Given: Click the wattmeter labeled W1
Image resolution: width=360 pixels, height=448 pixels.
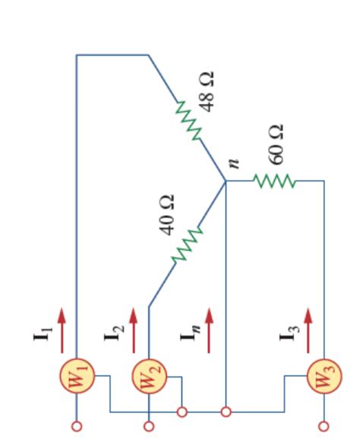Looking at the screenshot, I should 77,377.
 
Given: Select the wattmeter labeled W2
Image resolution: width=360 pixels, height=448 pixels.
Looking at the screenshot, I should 149,377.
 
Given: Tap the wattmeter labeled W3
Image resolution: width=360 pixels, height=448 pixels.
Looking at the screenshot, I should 323,377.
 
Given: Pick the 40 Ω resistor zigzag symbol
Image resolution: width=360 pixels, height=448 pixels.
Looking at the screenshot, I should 187,244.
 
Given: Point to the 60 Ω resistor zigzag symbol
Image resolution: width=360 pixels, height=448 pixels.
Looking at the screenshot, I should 273,181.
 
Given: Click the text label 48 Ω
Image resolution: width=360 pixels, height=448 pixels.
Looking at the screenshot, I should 207,90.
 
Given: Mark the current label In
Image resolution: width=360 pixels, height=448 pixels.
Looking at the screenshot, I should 189,333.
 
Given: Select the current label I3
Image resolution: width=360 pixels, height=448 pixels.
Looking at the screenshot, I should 289,333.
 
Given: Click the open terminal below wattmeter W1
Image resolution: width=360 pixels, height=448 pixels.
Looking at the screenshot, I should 77,427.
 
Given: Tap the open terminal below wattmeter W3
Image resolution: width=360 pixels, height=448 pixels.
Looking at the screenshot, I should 323,427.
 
